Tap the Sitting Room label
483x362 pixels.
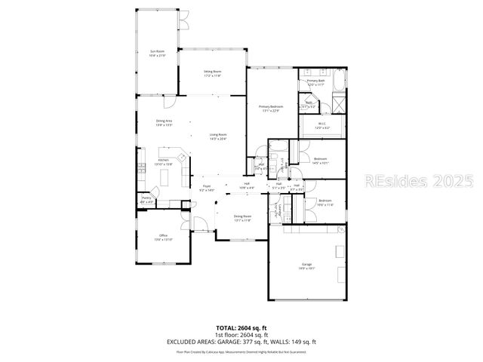coord(212,74)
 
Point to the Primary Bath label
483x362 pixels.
coord(315,83)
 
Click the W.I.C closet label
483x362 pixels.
coord(321,125)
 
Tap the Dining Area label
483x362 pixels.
coord(164,123)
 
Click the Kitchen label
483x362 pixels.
coord(163,162)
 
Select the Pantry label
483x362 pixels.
coord(146,201)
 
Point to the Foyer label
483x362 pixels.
coord(207,189)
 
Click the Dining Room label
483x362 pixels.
coord(242,219)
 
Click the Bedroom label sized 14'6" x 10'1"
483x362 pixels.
coord(321,160)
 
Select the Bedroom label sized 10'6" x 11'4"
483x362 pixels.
coord(325,202)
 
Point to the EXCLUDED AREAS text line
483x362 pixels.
coord(241,342)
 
